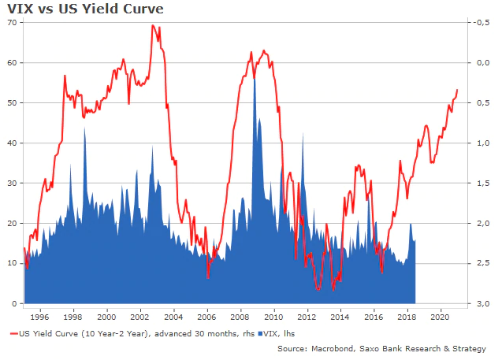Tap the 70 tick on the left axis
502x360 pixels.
point(11,23)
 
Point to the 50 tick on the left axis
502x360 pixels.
point(11,103)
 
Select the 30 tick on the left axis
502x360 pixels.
point(11,184)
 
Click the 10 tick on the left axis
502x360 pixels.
point(11,264)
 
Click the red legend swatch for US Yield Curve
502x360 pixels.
point(13,334)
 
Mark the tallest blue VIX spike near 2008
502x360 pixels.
point(254,72)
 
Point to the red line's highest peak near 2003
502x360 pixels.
point(152,26)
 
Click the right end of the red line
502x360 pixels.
point(457,90)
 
